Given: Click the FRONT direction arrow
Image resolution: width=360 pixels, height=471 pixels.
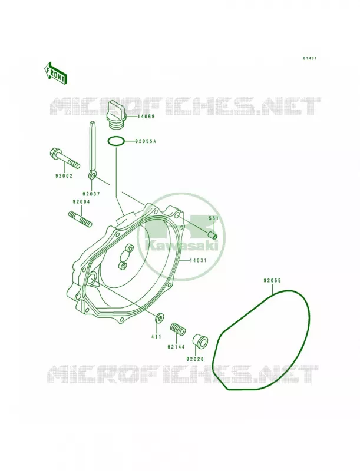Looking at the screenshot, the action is (55, 72).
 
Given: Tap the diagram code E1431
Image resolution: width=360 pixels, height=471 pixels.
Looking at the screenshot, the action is (309, 58).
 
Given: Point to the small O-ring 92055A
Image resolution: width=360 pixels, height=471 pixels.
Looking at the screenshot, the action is (115, 141).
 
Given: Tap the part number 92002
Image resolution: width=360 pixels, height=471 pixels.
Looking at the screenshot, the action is (64, 175).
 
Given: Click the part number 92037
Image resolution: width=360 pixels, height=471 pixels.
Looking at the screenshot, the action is (91, 194).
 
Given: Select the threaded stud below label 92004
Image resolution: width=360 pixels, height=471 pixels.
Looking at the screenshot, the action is (80, 219).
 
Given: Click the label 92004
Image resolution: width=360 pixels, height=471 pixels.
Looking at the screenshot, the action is (81, 202).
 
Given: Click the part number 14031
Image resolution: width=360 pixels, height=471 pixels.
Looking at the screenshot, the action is (198, 260).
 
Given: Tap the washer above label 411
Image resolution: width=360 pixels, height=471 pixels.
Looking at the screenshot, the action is (159, 317).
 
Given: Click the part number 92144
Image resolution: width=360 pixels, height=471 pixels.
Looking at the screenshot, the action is (177, 347).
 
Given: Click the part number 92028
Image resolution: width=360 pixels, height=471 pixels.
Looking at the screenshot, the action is (195, 359).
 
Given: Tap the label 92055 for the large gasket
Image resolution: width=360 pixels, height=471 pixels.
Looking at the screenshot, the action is (272, 281).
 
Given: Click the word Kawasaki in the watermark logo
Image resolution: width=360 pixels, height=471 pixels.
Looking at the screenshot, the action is (181, 246).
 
